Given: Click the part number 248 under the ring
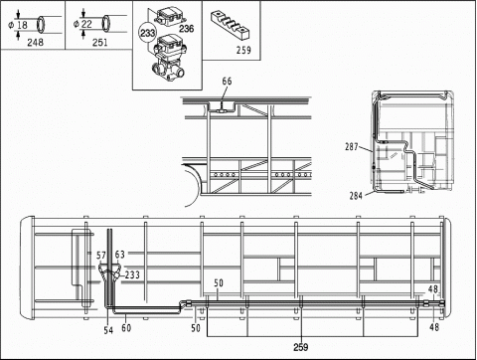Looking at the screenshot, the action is pyautogui.click(x=35, y=42).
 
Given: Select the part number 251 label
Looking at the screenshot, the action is pyautogui.click(x=99, y=42).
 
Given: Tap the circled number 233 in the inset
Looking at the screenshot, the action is pyautogui.click(x=147, y=33).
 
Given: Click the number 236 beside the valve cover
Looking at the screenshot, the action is pyautogui.click(x=186, y=29).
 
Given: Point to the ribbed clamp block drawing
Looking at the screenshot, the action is pyautogui.click(x=231, y=24).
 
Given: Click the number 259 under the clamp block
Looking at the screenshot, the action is pyautogui.click(x=243, y=50).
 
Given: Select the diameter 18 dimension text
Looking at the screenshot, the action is pyautogui.click(x=20, y=25).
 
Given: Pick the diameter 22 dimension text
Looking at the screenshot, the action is pyautogui.click(x=84, y=24).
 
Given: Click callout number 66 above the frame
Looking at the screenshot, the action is pyautogui.click(x=227, y=81).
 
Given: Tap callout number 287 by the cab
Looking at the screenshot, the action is pyautogui.click(x=351, y=146).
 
